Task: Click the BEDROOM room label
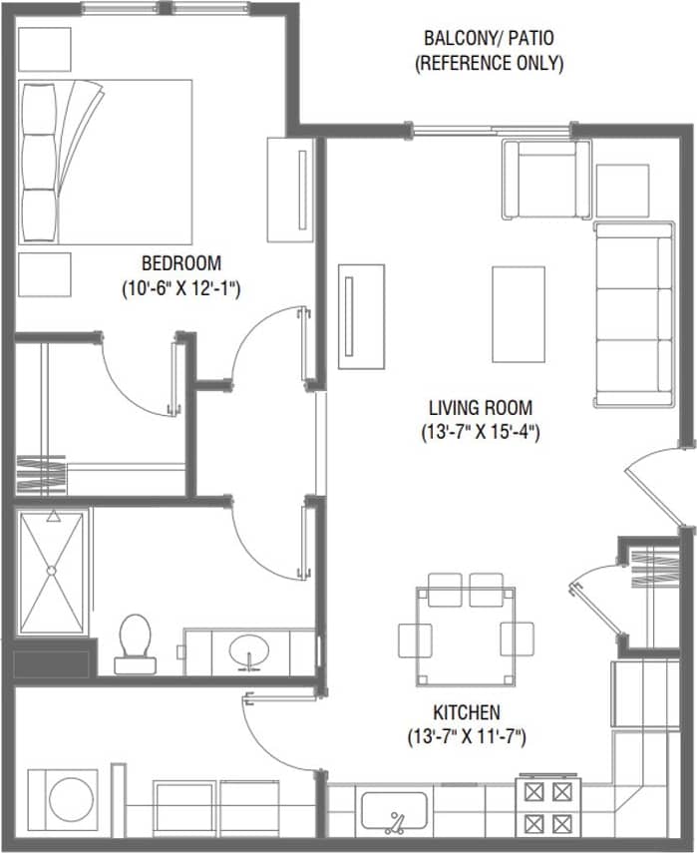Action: (x=180, y=264)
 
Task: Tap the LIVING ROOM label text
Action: (x=480, y=408)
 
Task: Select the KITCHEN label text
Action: (x=466, y=712)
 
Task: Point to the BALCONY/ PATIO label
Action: (x=489, y=40)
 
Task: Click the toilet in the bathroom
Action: (x=133, y=640)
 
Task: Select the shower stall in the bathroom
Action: (x=52, y=572)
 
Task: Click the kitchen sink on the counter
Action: (x=394, y=811)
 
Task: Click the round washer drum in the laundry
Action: (x=69, y=802)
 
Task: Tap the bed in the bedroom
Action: (x=104, y=161)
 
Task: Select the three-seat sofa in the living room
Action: (x=634, y=314)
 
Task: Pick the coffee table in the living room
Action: (x=519, y=314)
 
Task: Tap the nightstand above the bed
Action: (x=45, y=49)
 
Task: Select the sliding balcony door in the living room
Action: (x=493, y=129)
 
